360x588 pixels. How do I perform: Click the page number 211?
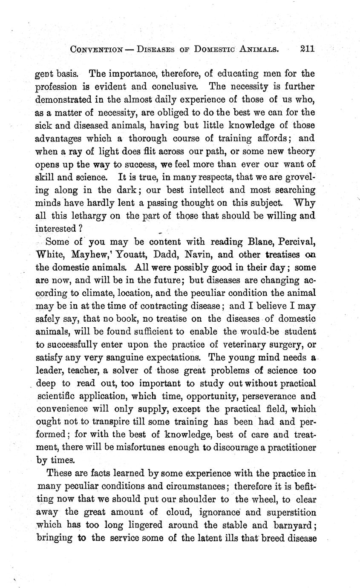tap(306, 49)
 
